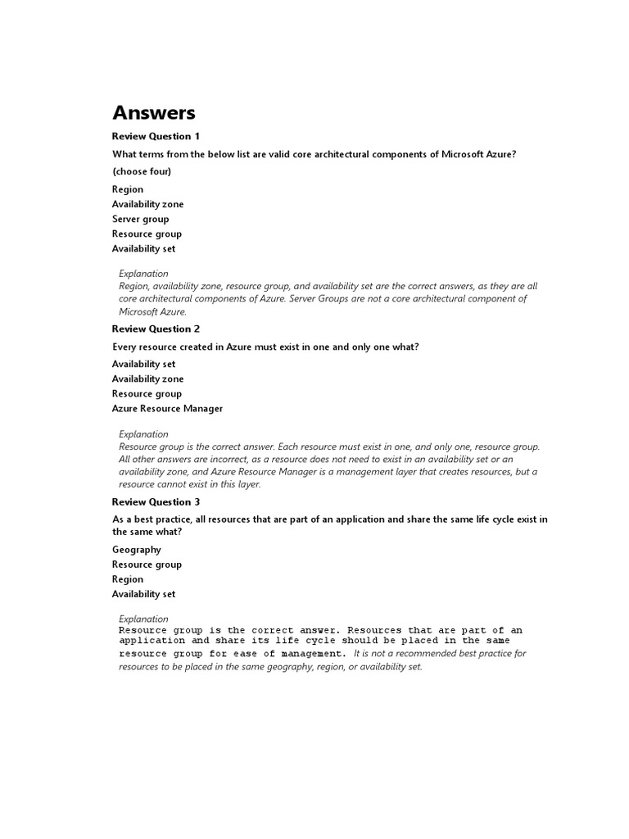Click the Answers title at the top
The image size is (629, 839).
point(153,112)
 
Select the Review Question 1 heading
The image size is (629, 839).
point(156,136)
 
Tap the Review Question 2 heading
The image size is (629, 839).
point(156,329)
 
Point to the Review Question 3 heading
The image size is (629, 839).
point(156,501)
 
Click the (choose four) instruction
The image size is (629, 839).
point(142,171)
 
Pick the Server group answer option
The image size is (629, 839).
point(141,219)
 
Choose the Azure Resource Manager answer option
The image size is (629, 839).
point(167,408)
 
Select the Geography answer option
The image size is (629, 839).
point(137,550)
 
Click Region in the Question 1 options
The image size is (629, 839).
point(128,189)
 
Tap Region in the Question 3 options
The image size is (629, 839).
point(128,579)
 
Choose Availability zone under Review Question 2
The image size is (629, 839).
point(148,379)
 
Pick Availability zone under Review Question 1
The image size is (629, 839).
point(148,204)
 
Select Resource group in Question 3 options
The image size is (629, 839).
point(147,565)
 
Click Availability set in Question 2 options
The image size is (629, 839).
point(144,364)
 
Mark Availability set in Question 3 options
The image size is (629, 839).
point(144,594)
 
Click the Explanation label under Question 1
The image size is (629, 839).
point(144,274)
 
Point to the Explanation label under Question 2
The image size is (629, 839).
point(144,434)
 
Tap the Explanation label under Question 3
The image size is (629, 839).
point(144,619)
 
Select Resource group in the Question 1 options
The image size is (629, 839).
point(147,234)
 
